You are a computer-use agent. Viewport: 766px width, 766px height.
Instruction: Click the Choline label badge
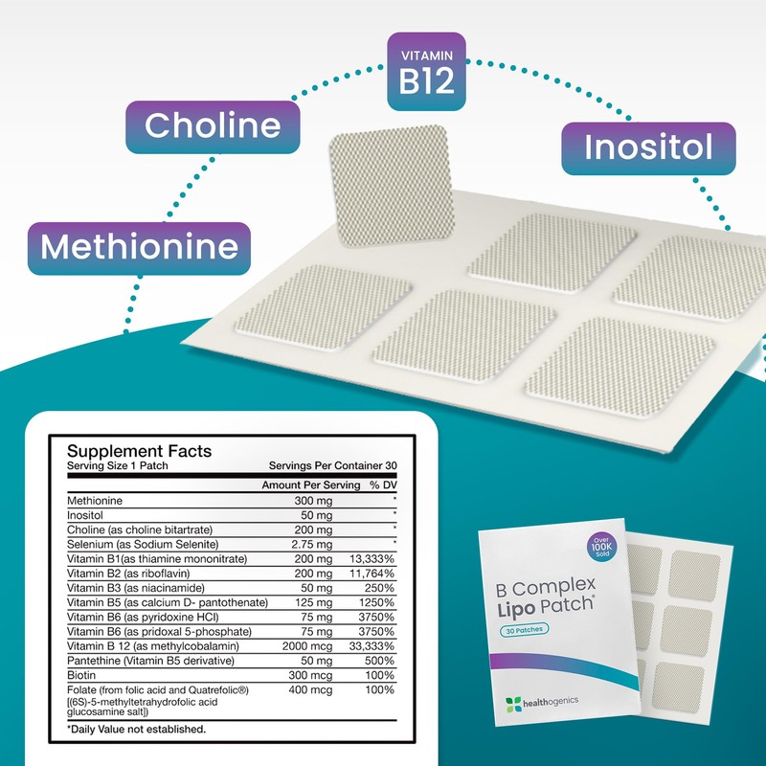[213, 125]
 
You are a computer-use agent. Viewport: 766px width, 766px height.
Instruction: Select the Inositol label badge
[648, 148]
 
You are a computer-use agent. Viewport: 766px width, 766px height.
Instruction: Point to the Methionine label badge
[140, 247]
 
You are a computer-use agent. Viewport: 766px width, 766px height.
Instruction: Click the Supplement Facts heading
[139, 451]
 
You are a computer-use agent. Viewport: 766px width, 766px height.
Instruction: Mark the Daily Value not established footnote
[136, 730]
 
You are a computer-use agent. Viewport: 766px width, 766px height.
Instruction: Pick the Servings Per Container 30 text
[334, 465]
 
